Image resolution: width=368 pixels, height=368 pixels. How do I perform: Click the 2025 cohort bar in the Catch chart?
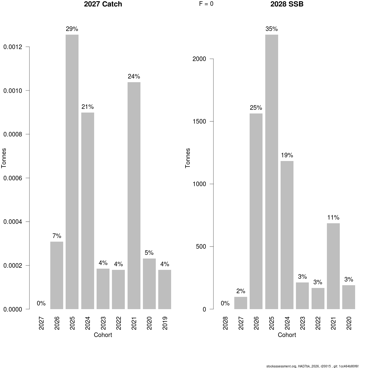tap(72, 172)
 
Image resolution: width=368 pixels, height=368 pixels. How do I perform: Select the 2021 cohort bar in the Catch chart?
tap(134, 196)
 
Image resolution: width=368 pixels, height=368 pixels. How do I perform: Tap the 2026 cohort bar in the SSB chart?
tap(256, 211)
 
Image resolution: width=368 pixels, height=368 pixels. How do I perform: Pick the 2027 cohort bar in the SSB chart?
tap(241, 303)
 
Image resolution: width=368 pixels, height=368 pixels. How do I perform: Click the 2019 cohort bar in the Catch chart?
tap(165, 289)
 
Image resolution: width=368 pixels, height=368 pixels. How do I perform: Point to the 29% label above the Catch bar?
tap(72, 29)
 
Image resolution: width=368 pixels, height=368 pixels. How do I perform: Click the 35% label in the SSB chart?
tap(272, 29)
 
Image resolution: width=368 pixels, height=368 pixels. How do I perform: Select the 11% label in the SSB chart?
tap(333, 217)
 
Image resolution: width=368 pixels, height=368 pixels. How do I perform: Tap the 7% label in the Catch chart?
tap(57, 236)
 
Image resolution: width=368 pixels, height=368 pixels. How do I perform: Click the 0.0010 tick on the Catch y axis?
tap(28, 90)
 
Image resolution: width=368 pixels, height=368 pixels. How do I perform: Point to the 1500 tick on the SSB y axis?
tap(211, 121)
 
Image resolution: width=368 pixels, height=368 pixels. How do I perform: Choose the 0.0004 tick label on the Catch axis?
tap(13, 222)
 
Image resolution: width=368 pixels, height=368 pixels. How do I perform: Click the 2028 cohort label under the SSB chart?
tap(225, 323)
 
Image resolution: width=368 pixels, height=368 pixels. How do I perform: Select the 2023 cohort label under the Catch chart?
tap(103, 323)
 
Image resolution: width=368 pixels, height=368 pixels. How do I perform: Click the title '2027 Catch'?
tap(103, 4)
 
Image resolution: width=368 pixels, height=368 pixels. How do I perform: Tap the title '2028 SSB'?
tap(287, 4)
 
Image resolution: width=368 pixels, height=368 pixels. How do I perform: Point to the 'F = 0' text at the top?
tap(206, 4)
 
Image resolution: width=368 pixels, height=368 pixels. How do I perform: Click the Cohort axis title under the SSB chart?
tap(287, 335)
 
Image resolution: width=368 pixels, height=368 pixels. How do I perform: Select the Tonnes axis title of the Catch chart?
tap(4, 158)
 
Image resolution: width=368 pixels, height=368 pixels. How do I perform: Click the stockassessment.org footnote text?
tap(312, 366)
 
